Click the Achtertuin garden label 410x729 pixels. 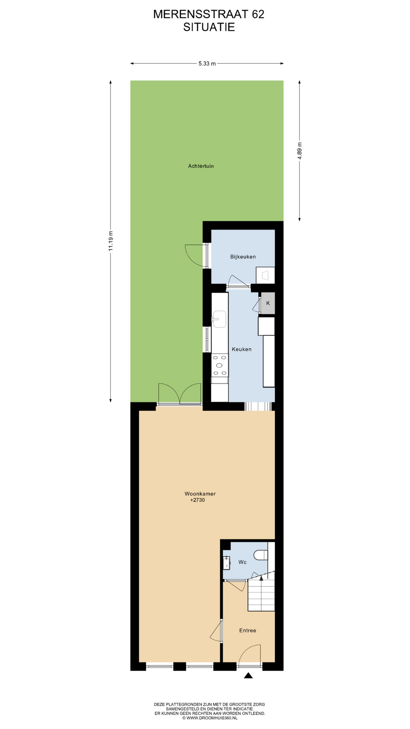201,166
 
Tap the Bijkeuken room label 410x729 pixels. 243,257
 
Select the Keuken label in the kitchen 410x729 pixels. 241,349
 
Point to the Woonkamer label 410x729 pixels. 200,494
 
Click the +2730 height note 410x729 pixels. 197,500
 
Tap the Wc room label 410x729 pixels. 243,562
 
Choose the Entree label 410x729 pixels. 248,630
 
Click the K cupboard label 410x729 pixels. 268,303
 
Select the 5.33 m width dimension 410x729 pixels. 207,63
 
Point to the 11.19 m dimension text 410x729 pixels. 110,241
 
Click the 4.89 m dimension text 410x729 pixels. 300,151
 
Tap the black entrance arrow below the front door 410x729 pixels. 248,675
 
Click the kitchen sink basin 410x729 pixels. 219,319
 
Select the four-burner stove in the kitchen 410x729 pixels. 220,365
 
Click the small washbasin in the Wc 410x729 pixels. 226,563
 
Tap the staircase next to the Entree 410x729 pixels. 261,595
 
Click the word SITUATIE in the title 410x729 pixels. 209,27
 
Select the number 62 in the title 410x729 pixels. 258,14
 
